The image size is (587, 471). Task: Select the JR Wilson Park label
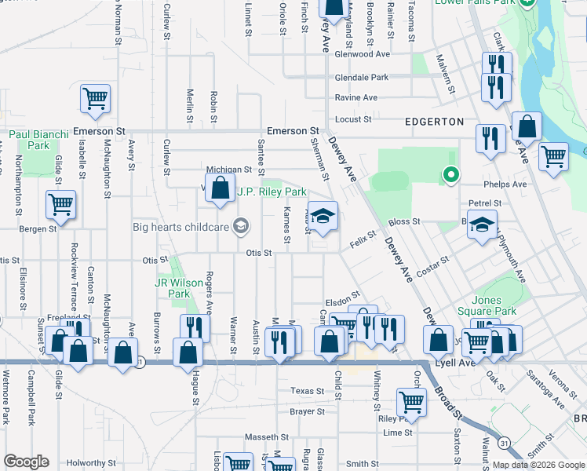173,289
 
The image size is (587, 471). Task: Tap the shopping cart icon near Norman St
95,99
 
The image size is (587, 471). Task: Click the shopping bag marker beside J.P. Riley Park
220,188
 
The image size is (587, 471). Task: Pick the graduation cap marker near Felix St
323,216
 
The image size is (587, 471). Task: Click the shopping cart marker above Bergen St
60,205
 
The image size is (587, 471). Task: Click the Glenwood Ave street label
362,54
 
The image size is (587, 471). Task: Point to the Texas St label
307,391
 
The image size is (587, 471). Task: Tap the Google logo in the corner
26,462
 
